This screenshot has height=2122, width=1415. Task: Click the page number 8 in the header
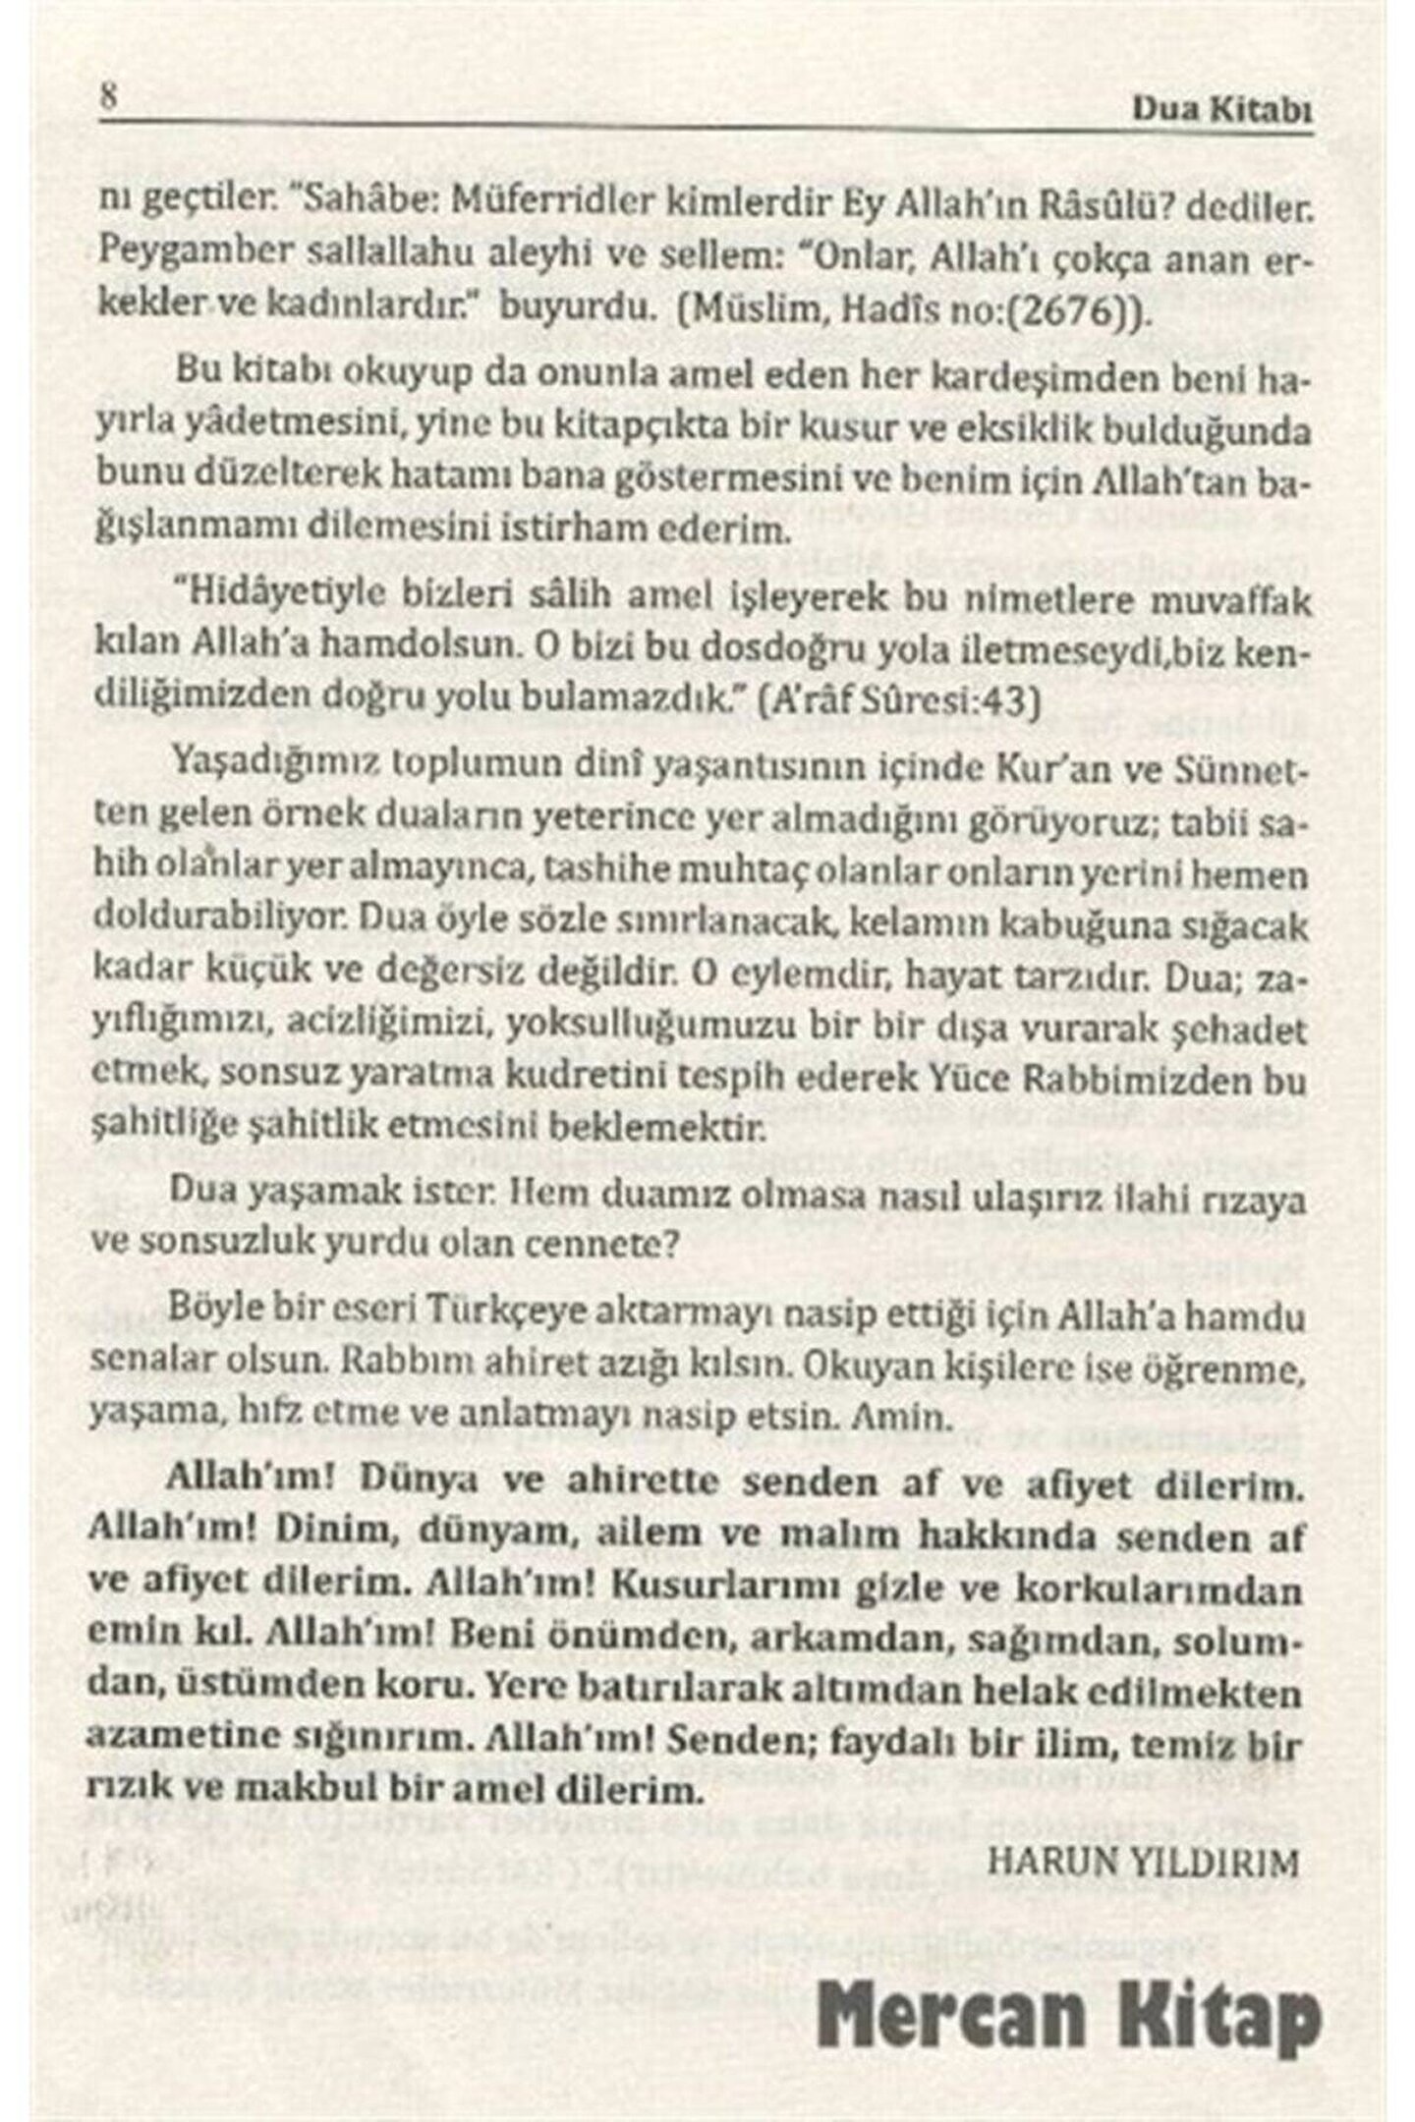pos(109,100)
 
